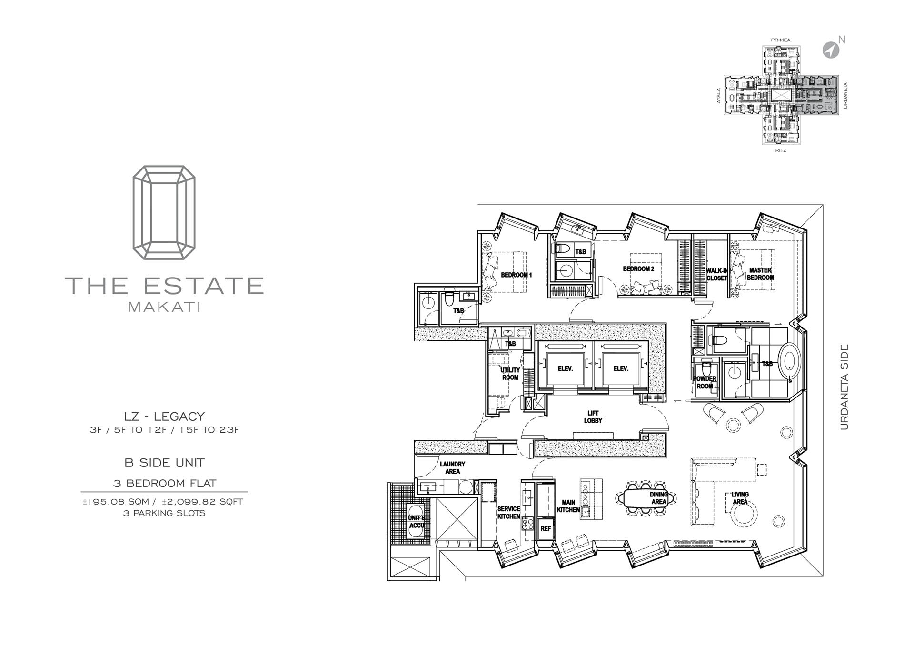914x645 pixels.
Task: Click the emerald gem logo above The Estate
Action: click(x=164, y=212)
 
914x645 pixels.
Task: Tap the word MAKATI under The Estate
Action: click(x=164, y=307)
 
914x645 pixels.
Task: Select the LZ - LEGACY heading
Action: click(x=164, y=416)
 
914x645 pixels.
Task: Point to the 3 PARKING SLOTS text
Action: click(x=164, y=513)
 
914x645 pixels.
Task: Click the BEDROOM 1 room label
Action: click(x=517, y=275)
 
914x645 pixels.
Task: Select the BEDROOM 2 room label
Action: click(x=638, y=269)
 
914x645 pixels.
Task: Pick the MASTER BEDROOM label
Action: click(x=760, y=274)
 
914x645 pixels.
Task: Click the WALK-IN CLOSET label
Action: click(x=717, y=274)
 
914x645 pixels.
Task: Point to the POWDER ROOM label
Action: click(x=705, y=382)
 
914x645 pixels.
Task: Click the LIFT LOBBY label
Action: click(x=593, y=417)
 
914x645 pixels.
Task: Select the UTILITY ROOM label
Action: click(x=510, y=374)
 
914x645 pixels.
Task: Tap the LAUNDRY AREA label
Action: click(x=452, y=467)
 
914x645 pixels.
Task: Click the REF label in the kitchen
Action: click(x=546, y=528)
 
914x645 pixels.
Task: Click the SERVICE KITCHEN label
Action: click(x=508, y=512)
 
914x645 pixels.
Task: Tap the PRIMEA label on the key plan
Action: click(x=780, y=40)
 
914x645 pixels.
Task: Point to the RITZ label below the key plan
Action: click(x=780, y=150)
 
